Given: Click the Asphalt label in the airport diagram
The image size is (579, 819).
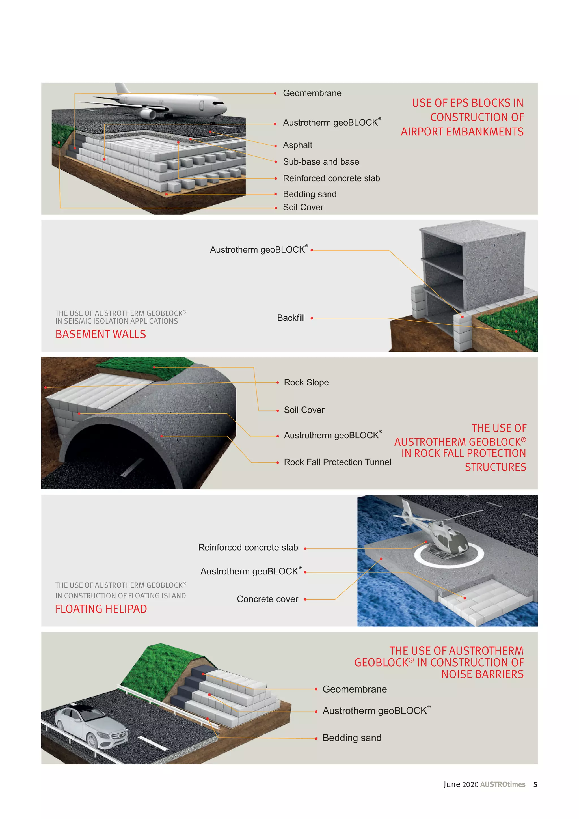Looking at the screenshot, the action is (x=297, y=145).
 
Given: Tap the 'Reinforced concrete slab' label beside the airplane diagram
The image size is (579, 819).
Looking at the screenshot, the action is (x=331, y=178).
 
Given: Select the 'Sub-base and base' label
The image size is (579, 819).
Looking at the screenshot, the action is (x=321, y=162).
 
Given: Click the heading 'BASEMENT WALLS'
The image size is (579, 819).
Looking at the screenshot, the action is (x=101, y=334).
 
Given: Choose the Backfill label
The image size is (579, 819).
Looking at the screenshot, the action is (x=291, y=318).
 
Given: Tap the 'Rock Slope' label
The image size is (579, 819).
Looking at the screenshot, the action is (x=306, y=382).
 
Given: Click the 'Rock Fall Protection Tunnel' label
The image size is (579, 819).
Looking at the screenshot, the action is (x=337, y=462).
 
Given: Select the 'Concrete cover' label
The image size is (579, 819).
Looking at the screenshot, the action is (x=267, y=599).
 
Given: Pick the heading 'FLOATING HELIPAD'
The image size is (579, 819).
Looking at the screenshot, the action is (x=101, y=609).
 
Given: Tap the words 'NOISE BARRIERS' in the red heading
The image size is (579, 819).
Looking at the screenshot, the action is (x=482, y=674).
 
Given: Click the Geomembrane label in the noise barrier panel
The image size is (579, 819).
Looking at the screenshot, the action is (x=355, y=689).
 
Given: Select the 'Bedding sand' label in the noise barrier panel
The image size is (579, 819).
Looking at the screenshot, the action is (x=352, y=738).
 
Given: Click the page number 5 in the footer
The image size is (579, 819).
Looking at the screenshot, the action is (x=535, y=784).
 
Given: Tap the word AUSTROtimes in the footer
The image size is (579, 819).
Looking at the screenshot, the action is (x=503, y=784).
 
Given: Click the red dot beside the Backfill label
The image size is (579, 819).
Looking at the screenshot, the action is (x=312, y=318).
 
